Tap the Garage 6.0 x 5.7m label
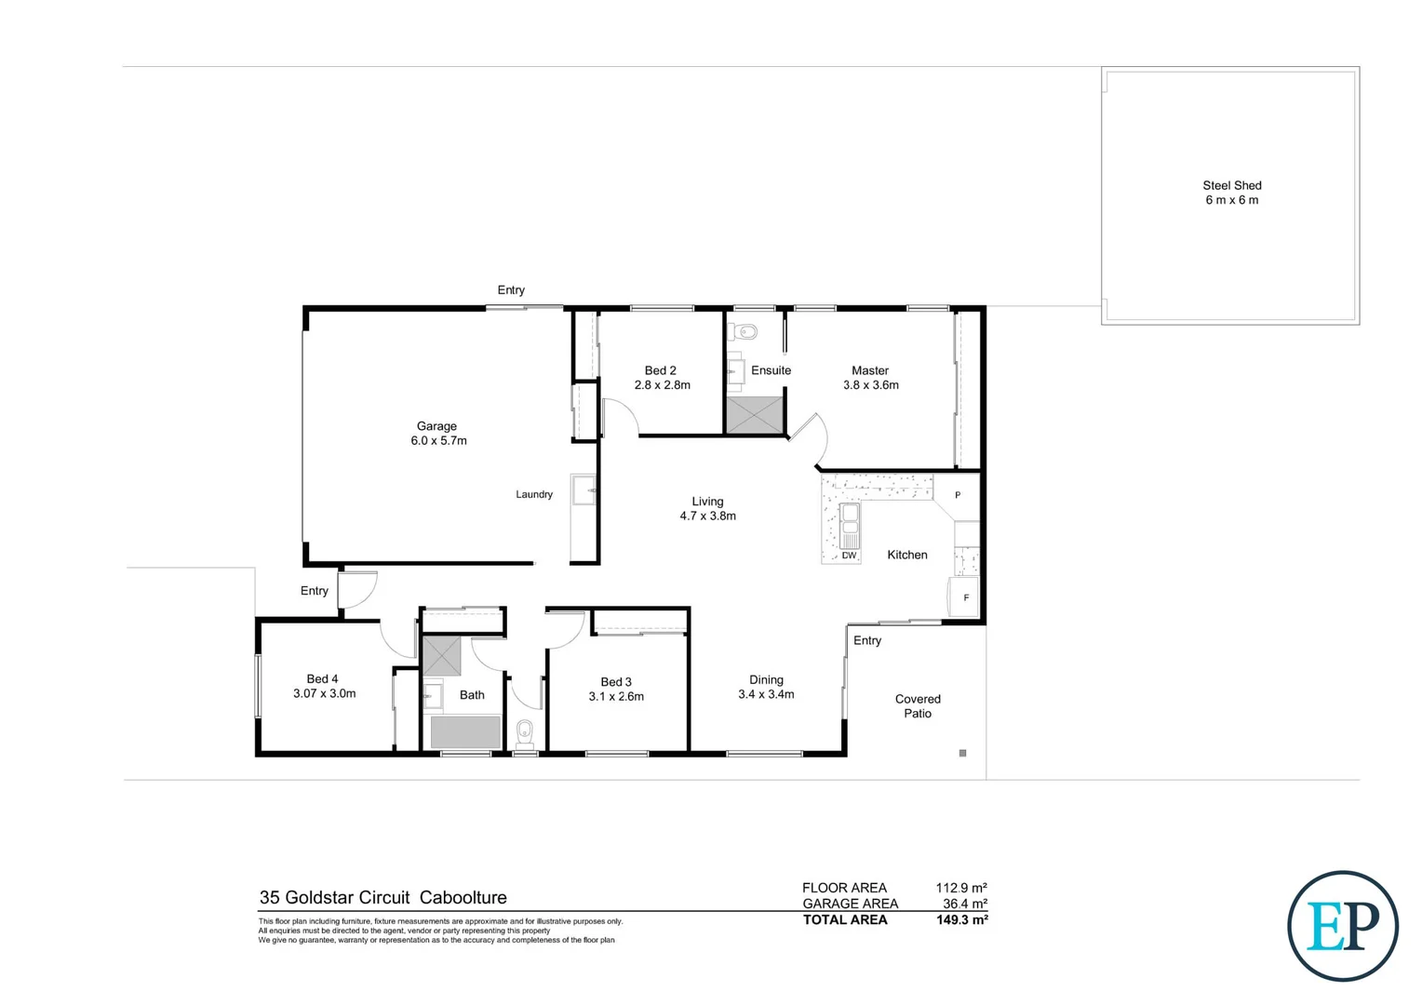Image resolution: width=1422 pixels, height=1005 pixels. (x=438, y=434)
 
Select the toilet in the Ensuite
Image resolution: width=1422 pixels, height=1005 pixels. (x=745, y=331)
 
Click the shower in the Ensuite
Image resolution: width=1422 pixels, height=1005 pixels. (x=755, y=415)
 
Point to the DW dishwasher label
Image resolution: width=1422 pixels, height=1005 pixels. (x=849, y=556)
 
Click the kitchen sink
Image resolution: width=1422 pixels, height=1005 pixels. (x=850, y=527)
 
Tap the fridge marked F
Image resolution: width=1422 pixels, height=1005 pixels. (x=965, y=597)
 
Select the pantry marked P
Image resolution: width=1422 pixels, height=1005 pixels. (x=958, y=495)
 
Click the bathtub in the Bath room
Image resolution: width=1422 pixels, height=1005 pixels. (x=464, y=732)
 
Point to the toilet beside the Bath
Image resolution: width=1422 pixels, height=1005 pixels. (x=525, y=731)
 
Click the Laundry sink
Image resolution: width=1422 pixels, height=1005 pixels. (x=584, y=489)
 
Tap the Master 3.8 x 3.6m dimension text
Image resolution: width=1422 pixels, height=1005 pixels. (x=871, y=385)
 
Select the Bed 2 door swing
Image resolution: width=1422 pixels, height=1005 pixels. (x=620, y=418)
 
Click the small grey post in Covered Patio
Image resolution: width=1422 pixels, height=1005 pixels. (x=962, y=753)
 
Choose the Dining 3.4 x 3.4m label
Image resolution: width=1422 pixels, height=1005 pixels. (x=766, y=687)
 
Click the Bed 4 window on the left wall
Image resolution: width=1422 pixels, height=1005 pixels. (x=258, y=686)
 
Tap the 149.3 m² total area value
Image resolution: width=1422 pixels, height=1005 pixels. (x=961, y=919)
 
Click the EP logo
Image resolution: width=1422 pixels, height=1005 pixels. (x=1342, y=926)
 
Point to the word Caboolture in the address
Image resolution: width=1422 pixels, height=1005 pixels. (x=463, y=897)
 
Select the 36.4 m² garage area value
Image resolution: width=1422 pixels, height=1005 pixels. (x=964, y=904)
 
